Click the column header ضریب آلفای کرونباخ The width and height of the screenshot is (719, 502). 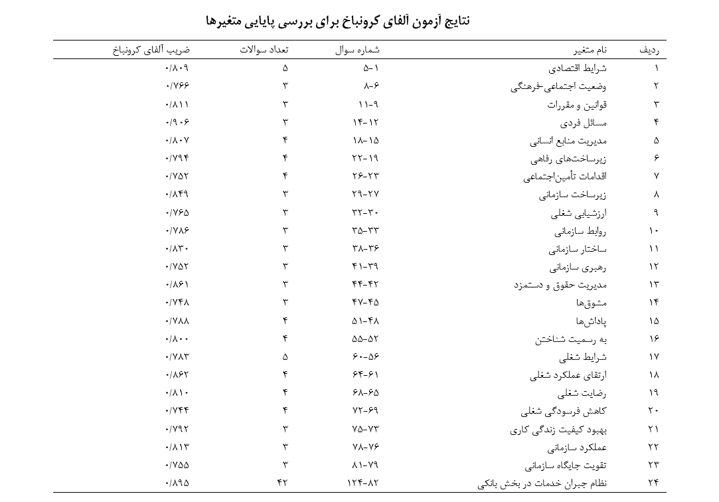coord(151,50)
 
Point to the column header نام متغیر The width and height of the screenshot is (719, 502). coord(588,50)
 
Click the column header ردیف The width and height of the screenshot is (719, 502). coord(650,50)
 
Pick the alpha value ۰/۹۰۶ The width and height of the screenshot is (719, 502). coord(177,123)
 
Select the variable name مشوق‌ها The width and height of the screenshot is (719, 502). coord(590,303)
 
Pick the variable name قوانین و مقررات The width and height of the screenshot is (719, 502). coord(577,105)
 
